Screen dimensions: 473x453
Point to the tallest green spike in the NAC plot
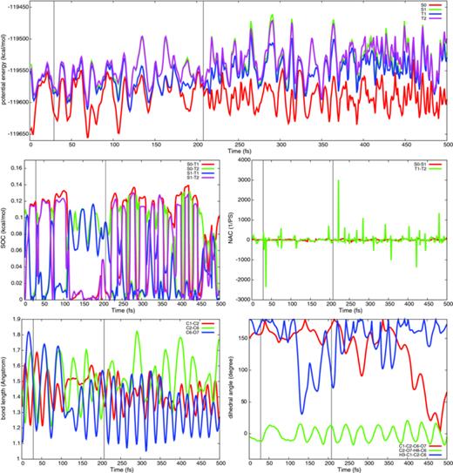tap(337, 180)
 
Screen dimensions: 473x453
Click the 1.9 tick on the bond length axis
tap(18, 321)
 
